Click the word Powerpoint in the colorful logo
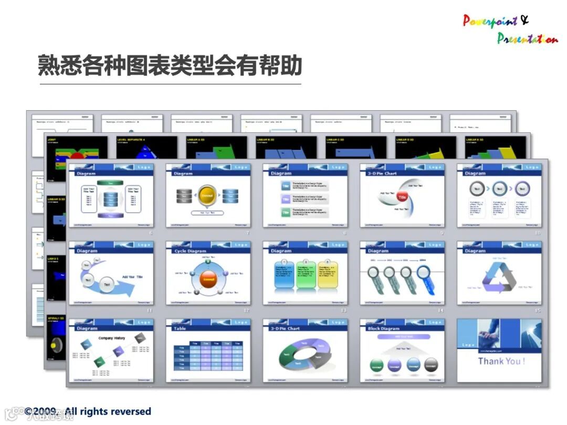(490, 21)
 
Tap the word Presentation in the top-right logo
(527, 38)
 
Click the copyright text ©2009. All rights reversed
(88, 411)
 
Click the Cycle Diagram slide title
(190, 251)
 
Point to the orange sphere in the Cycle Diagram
(208, 280)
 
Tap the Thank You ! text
(501, 361)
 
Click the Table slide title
(180, 328)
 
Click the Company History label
(112, 338)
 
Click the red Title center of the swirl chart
(402, 197)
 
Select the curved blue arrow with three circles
(108, 281)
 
